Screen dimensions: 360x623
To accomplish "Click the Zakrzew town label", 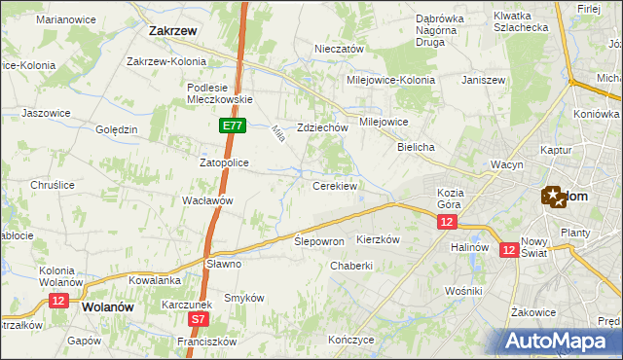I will tap(174, 30).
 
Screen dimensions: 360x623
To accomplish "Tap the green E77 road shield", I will tap(232, 126).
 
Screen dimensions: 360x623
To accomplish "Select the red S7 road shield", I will tap(198, 318).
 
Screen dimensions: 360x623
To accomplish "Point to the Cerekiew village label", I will tap(334, 185).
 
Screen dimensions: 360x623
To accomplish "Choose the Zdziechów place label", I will tap(322, 127).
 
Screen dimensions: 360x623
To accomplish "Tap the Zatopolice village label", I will tap(225, 162).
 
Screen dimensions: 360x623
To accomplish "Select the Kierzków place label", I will tap(379, 239).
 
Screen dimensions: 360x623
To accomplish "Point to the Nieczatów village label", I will tap(339, 49).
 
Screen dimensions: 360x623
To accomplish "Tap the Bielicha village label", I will tap(415, 146).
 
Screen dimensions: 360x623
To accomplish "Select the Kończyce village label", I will tap(351, 340).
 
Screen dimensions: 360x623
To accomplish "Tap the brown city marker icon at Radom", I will tap(553, 197).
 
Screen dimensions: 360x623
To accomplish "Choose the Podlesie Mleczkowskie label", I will tap(219, 92).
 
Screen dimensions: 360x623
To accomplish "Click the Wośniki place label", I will tap(462, 291).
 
